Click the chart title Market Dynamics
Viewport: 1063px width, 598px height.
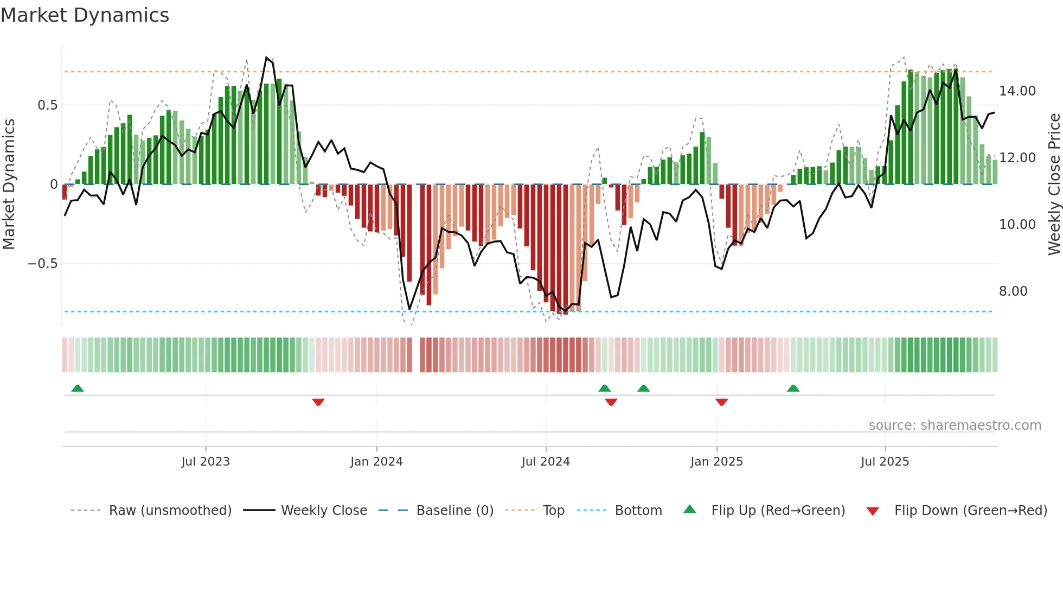(85, 15)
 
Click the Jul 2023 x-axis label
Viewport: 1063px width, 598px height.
(206, 462)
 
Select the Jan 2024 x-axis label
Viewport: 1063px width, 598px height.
(376, 462)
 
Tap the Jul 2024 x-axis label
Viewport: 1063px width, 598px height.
(546, 462)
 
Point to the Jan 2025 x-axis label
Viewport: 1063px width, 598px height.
(716, 462)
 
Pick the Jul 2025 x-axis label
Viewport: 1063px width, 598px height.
(885, 462)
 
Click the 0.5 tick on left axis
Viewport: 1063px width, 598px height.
(47, 105)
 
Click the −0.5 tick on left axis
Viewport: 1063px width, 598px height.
(42, 264)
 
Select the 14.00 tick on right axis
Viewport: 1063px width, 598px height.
(1017, 91)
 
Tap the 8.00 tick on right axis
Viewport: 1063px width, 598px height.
(1013, 291)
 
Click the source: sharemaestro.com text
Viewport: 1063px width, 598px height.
(955, 425)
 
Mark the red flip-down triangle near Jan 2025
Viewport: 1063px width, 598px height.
(721, 402)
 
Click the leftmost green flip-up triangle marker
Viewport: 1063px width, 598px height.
(78, 388)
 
